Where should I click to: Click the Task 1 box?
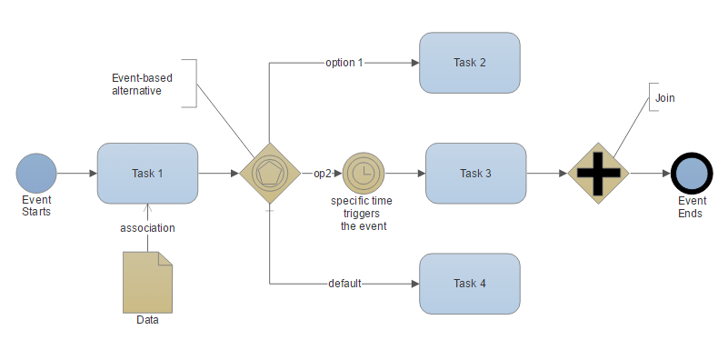point(147,173)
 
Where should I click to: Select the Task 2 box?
point(469,63)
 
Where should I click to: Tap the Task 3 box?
point(475,173)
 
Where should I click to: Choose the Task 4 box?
point(469,284)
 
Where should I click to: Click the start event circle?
point(36,173)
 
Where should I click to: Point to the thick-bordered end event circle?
point(691,173)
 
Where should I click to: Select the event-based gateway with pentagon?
point(270,173)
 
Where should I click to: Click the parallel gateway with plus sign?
point(598,173)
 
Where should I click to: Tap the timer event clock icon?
point(364,173)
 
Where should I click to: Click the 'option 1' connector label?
point(344,63)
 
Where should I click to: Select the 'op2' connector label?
point(323,173)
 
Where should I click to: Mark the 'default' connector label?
point(345,284)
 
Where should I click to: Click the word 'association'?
point(147,228)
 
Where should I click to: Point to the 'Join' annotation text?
point(665,97)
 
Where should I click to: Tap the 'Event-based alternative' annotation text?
point(137,84)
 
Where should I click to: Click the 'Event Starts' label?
point(36,205)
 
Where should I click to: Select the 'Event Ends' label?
point(691,206)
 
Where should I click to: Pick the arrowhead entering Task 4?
point(414,284)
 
